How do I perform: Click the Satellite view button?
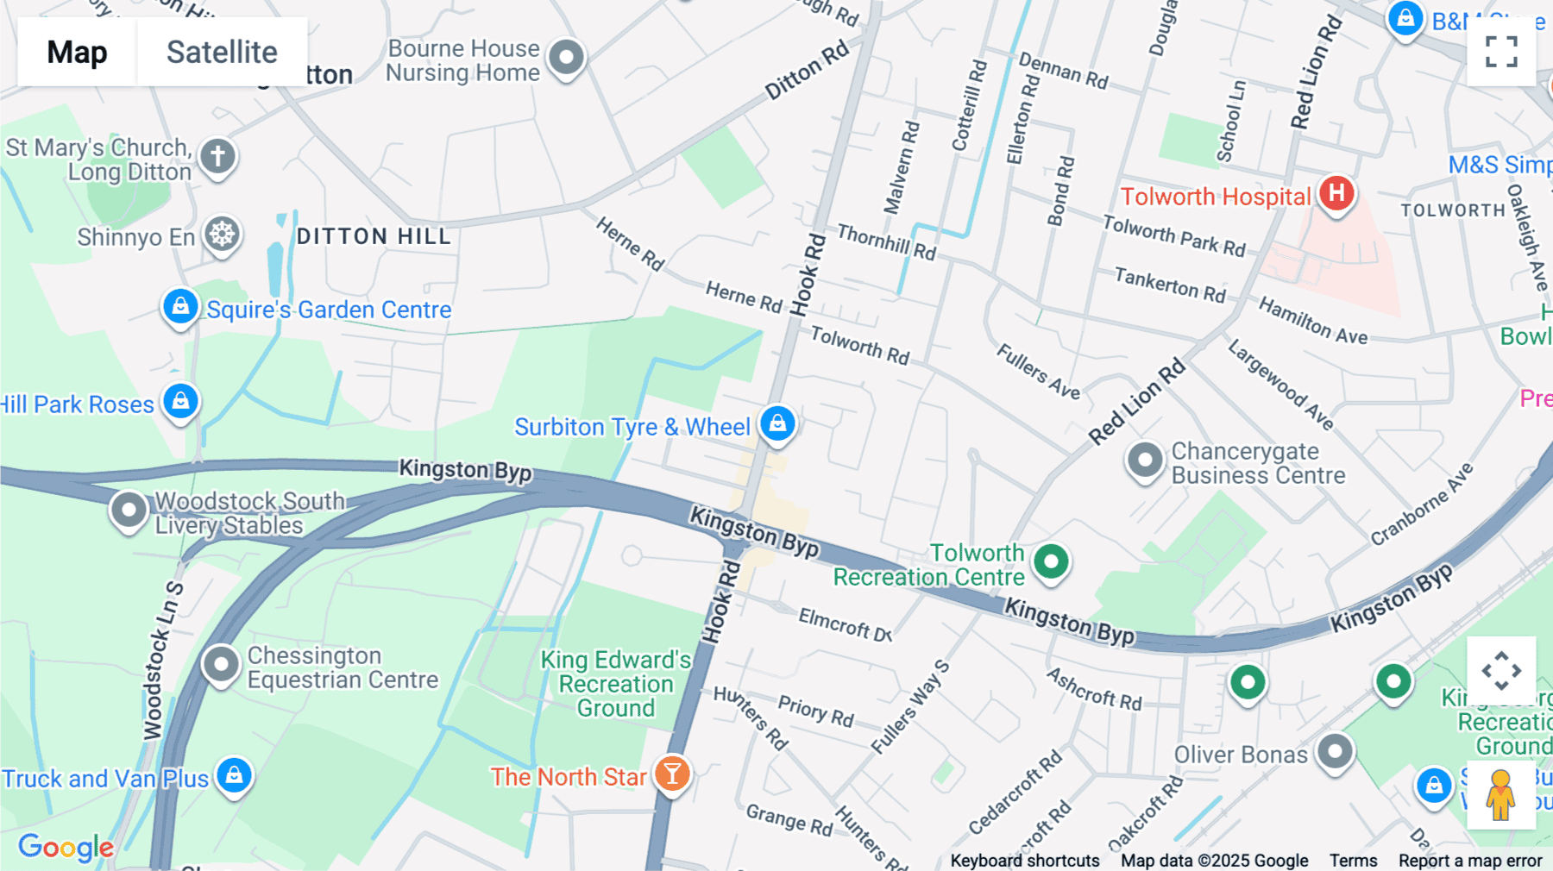click(222, 52)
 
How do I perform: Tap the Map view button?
click(77, 52)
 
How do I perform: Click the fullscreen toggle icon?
click(1501, 52)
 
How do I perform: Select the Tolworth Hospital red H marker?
click(1336, 193)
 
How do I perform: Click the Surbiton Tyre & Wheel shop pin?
click(777, 423)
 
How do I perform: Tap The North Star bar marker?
click(672, 774)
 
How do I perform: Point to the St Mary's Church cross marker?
click(217, 157)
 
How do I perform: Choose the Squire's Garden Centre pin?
click(180, 307)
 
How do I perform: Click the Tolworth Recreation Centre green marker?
click(1051, 562)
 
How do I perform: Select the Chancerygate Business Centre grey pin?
click(1145, 461)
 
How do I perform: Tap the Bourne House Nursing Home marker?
click(566, 58)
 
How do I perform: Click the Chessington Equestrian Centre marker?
click(221, 665)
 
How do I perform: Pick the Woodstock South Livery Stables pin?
click(129, 510)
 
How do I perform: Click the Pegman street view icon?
click(1501, 794)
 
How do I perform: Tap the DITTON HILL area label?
click(374, 236)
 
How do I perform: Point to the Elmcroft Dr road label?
click(845, 623)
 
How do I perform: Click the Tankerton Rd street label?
click(1169, 285)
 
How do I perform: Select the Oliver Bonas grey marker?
click(1335, 752)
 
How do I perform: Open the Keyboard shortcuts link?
click(1024, 861)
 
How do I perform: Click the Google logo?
click(66, 847)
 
